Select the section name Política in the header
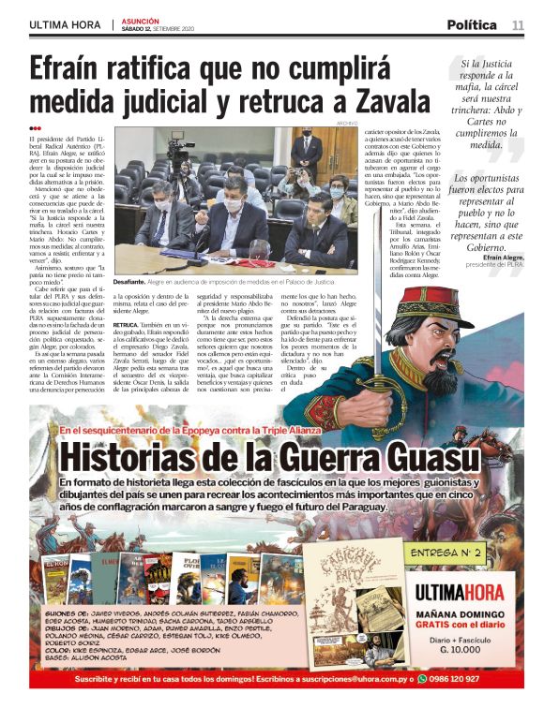472,24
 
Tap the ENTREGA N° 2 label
454,553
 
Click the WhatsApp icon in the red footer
422,679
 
